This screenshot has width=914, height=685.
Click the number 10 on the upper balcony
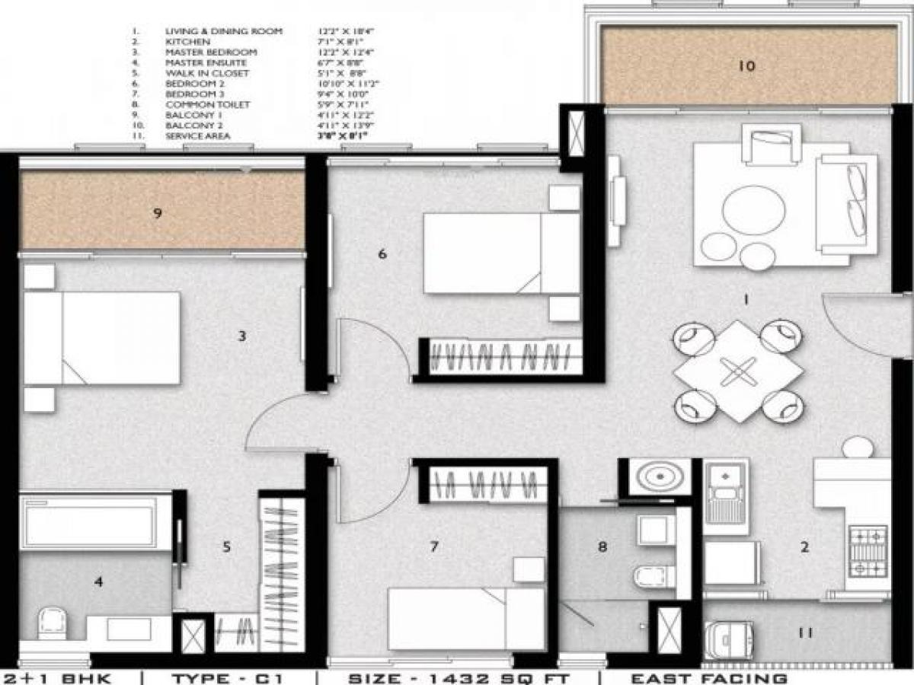click(x=746, y=66)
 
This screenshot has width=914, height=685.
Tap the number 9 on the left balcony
click(x=157, y=213)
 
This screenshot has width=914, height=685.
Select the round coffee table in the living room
click(x=753, y=209)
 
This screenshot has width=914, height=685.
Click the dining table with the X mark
click(x=738, y=371)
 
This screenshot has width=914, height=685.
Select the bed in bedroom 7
click(x=466, y=618)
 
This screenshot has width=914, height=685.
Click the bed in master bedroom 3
click(x=103, y=338)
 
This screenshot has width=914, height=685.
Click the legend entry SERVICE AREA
click(x=197, y=136)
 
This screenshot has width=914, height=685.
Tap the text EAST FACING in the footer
click(x=708, y=677)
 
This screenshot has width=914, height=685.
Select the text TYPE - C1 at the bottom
click(x=228, y=677)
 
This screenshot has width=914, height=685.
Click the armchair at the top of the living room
click(x=771, y=145)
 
